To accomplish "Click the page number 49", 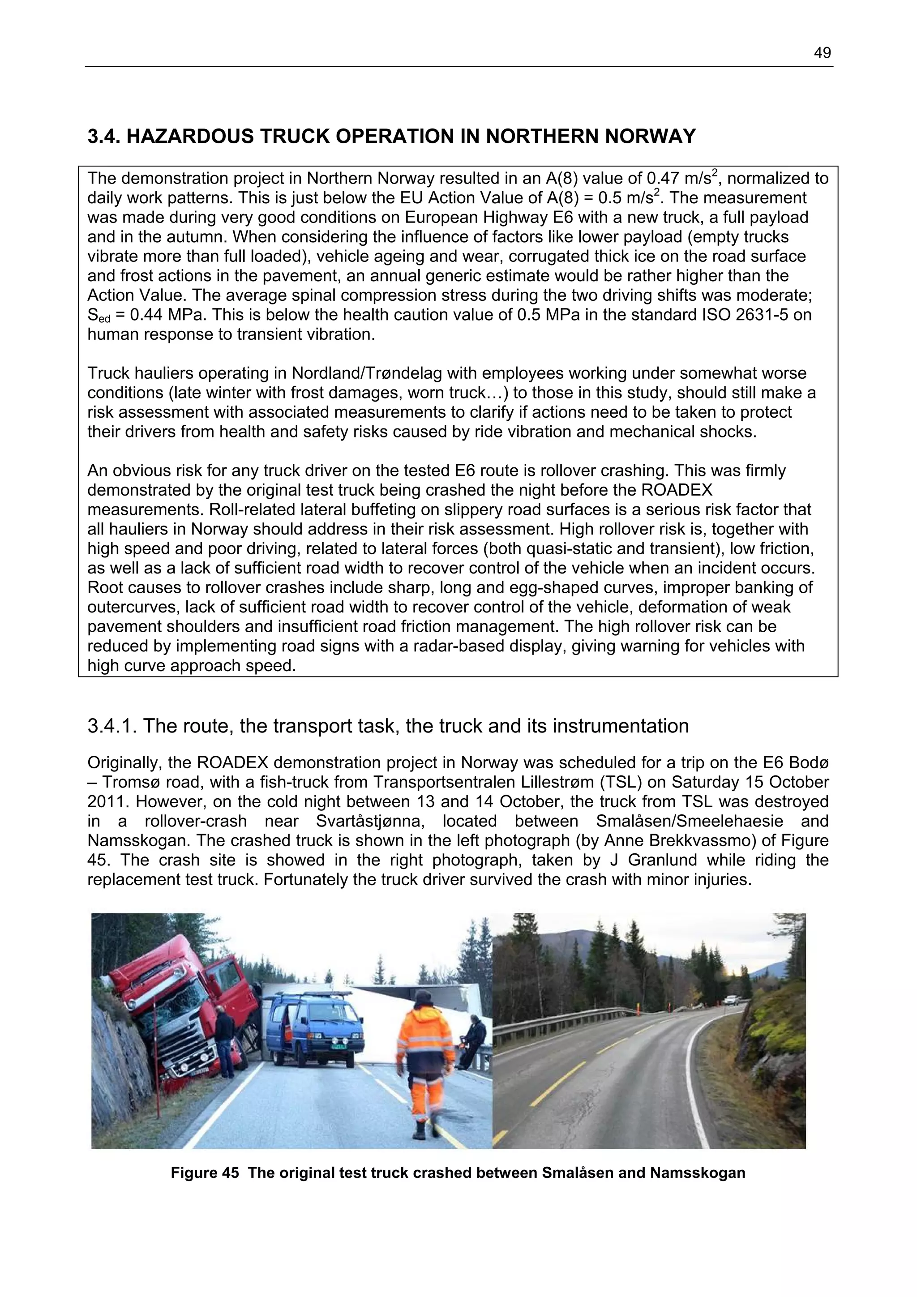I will pyautogui.click(x=822, y=53).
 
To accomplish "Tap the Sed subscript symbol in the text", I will pyautogui.click(x=99, y=317).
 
